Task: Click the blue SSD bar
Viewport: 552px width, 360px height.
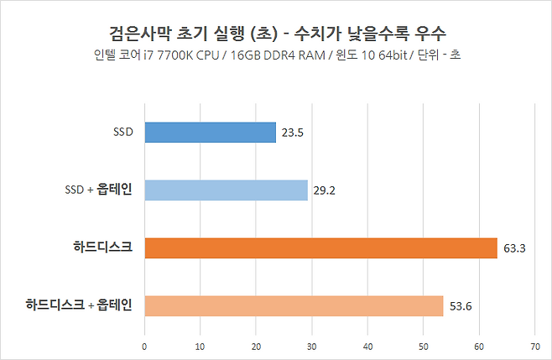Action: [210, 133]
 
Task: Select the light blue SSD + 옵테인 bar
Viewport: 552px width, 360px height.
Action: [227, 190]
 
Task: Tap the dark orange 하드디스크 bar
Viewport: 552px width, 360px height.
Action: [320, 248]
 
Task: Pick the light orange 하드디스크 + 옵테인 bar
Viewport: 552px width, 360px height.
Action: [294, 306]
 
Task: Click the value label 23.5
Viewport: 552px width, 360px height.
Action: [293, 133]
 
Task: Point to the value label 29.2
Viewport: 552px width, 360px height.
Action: [325, 190]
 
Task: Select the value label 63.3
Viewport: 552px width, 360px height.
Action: [514, 248]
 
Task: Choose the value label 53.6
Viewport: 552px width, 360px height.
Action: [461, 306]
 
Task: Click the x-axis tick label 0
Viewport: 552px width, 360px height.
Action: [145, 346]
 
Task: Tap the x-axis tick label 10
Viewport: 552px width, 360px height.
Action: [200, 346]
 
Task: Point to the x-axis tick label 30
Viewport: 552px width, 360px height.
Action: [312, 346]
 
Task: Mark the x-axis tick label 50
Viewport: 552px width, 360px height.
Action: [424, 346]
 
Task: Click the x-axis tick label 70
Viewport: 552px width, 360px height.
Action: [534, 346]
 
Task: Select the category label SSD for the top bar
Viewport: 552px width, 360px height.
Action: [123, 133]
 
